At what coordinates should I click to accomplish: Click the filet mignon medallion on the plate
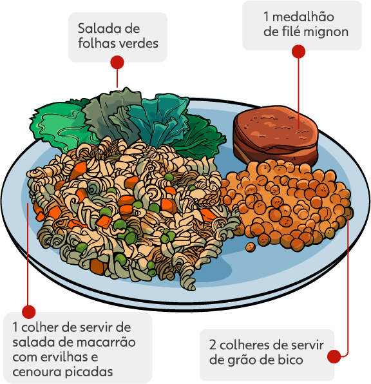coord(276,135)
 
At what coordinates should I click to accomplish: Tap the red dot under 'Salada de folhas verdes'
coord(117,62)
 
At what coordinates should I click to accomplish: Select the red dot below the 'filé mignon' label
coord(298,52)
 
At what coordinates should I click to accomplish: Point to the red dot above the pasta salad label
coord(28,312)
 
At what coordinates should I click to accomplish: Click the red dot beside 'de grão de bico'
coord(334,356)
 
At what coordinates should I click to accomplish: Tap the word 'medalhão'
coord(303,17)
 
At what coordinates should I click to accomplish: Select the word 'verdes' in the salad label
coord(138,43)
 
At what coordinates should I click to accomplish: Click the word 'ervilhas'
coord(70,357)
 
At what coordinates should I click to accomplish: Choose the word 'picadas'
coord(89,372)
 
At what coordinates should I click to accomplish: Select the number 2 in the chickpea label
coord(213,345)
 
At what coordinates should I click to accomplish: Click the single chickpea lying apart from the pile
coord(250,247)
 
